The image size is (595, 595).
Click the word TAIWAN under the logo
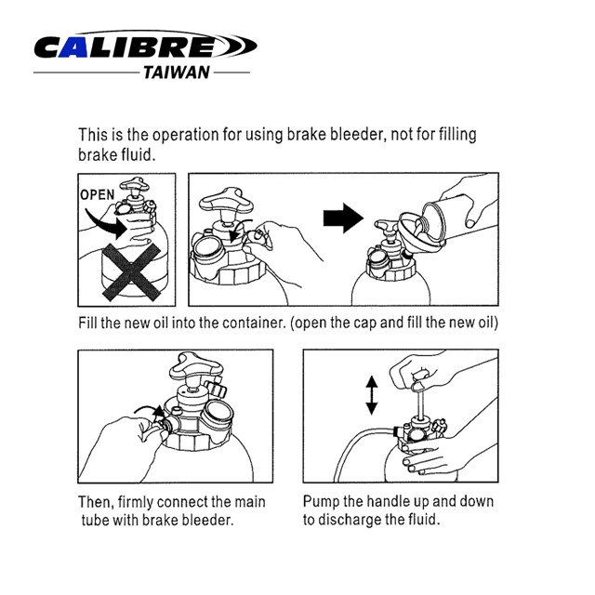click(177, 73)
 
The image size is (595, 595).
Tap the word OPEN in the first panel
click(97, 194)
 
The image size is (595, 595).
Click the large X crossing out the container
click(131, 272)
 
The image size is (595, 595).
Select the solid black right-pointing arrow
click(343, 218)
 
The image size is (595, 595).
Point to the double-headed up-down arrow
click(372, 395)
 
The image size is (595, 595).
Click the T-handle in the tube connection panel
click(196, 367)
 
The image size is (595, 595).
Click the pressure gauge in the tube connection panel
click(218, 415)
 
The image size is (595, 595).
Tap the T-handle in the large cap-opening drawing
click(227, 203)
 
